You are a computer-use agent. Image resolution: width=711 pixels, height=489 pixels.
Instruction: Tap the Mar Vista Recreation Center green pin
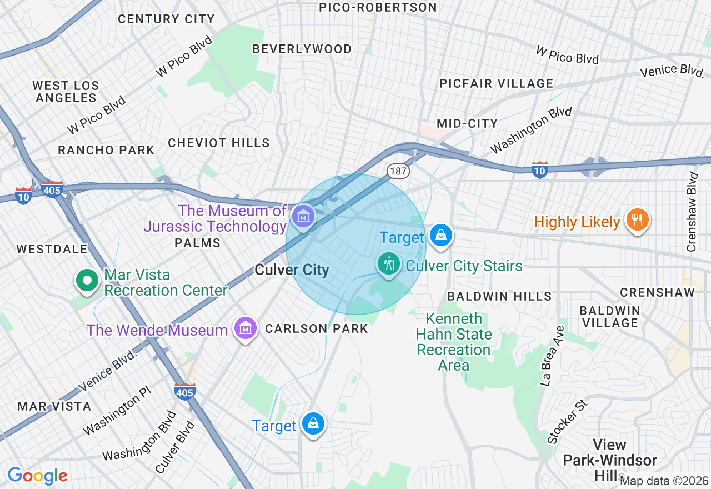[87, 280]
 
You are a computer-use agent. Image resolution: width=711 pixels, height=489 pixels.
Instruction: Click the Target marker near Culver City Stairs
[441, 235]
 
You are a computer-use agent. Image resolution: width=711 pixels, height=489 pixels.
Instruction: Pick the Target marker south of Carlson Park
[313, 423]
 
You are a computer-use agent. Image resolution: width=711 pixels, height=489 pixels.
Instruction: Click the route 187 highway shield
[398, 171]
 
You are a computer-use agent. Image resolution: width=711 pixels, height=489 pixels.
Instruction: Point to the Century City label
[166, 19]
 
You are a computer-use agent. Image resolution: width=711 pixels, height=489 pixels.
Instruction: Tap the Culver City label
[292, 270]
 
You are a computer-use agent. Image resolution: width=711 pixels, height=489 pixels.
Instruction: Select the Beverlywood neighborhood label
[302, 49]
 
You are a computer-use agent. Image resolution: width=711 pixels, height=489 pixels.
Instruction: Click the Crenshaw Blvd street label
[692, 212]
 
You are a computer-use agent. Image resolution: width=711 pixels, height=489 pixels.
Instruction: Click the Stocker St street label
[567, 422]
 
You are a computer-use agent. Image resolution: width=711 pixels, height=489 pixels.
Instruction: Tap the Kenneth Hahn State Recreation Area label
[454, 342]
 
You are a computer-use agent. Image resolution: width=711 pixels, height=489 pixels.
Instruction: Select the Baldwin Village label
[609, 316]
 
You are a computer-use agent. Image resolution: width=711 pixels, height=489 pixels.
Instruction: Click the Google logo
[37, 476]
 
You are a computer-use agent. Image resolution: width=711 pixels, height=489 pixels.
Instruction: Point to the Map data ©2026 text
[664, 481]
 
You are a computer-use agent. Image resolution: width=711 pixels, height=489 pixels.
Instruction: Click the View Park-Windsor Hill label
[609, 460]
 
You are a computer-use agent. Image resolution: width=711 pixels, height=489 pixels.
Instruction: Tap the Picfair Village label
[496, 83]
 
